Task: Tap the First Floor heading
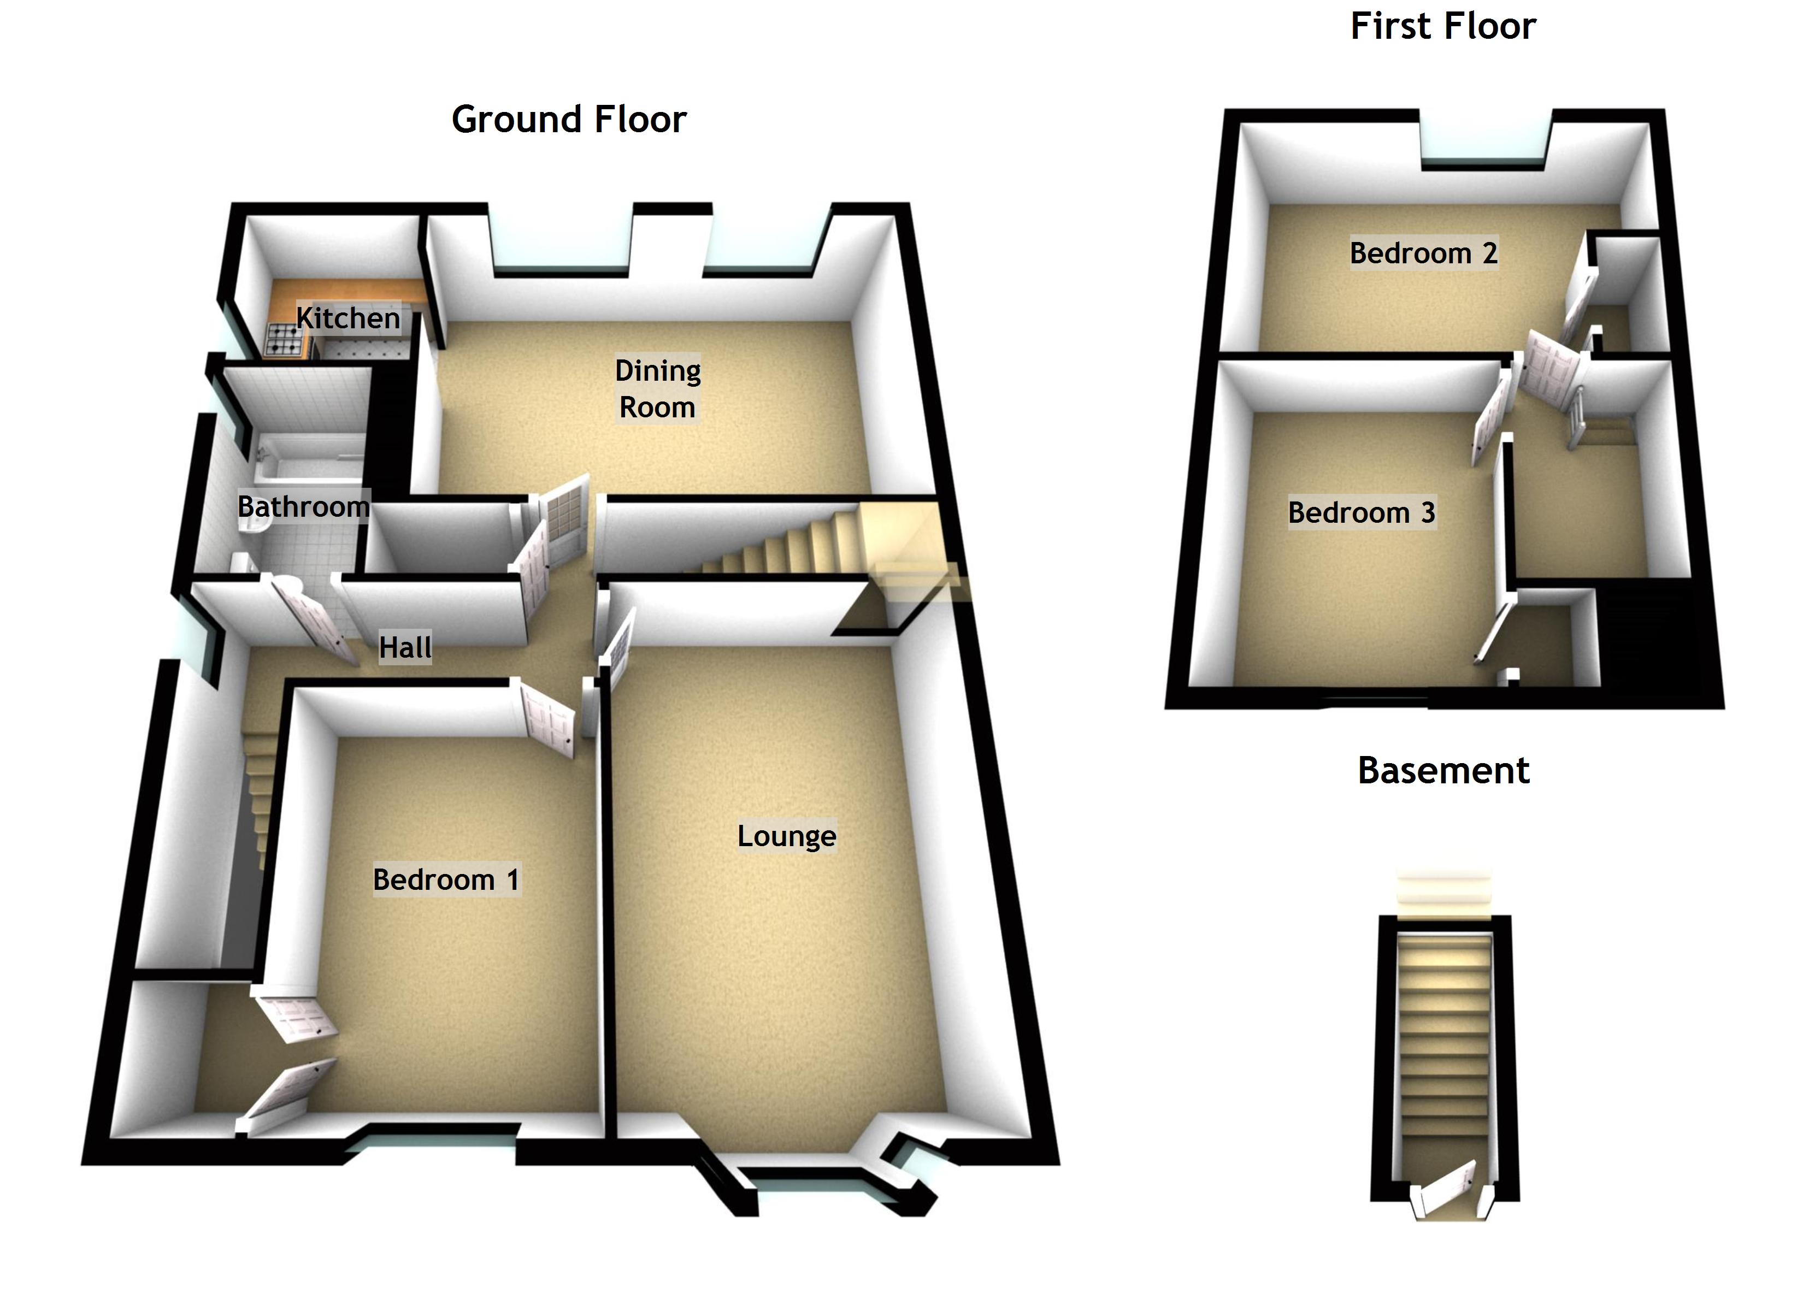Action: click(1443, 26)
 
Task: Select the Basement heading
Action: click(1443, 770)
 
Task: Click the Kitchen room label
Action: click(348, 318)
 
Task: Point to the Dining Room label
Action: click(657, 389)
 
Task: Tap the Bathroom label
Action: click(303, 506)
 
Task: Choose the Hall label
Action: click(405, 647)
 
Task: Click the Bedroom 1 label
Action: click(446, 879)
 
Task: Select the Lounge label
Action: click(786, 836)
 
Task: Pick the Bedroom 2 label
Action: click(1423, 253)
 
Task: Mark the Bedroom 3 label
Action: click(1361, 512)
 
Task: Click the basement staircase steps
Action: click(1443, 1049)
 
